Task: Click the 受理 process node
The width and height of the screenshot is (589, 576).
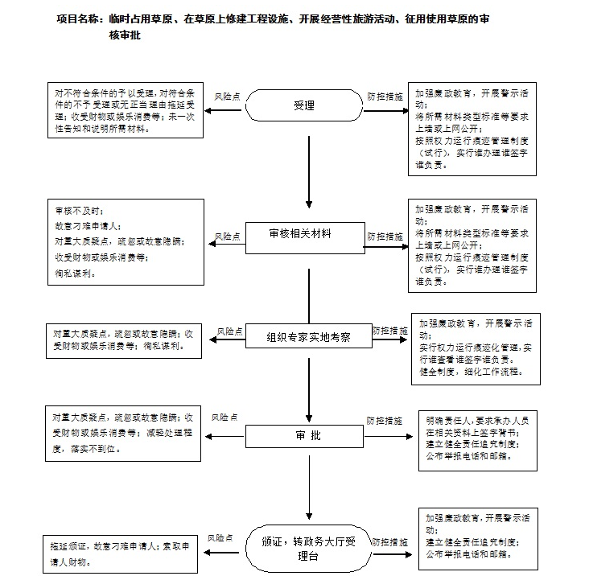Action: coord(304,106)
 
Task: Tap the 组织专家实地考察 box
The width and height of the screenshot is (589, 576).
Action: coord(308,337)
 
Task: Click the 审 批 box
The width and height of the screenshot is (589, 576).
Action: coord(308,436)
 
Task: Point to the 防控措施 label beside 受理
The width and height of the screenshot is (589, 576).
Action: coord(385,96)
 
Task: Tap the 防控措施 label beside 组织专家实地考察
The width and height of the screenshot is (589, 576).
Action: coord(389,331)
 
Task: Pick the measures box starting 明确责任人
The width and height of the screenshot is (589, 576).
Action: coord(476,438)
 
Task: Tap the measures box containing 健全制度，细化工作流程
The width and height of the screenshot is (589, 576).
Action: coord(476,348)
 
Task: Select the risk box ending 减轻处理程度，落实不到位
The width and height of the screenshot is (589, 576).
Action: coord(123,434)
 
